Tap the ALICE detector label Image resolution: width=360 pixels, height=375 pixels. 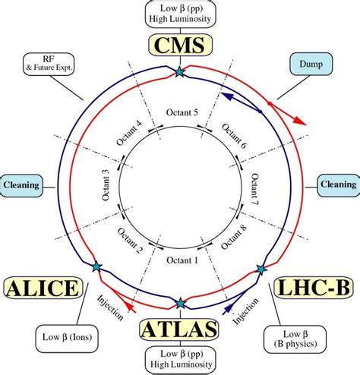click(x=43, y=288)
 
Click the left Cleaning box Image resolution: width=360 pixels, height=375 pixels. click(x=21, y=184)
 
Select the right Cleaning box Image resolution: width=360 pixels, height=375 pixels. click(x=337, y=184)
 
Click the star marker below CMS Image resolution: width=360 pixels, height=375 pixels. click(x=180, y=72)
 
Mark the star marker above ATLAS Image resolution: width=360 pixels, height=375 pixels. click(x=180, y=303)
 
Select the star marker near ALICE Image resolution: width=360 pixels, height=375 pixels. click(x=96, y=266)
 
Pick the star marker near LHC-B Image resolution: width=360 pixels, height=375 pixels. click(x=261, y=269)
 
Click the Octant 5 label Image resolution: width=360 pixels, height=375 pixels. click(x=180, y=113)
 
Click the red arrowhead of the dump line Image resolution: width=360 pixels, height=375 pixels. click(x=302, y=121)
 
